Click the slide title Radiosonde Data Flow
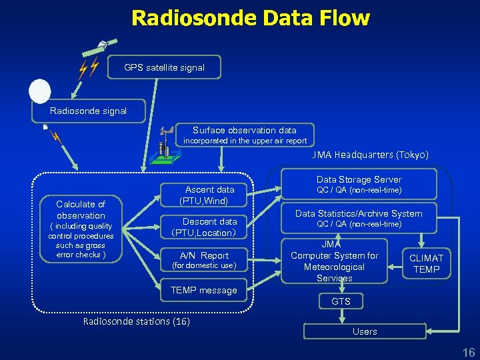click(250, 18)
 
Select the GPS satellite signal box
click(164, 67)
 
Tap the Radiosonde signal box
click(88, 111)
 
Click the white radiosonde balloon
click(39, 91)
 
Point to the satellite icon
click(99, 47)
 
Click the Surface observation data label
click(245, 130)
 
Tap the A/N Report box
click(204, 259)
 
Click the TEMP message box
click(203, 290)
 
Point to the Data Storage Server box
click(359, 184)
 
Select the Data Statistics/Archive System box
click(359, 218)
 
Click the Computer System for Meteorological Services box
click(334, 261)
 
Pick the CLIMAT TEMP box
click(426, 263)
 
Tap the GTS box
click(341, 302)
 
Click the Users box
click(365, 331)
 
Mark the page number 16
click(468, 352)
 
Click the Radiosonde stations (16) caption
click(136, 322)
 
